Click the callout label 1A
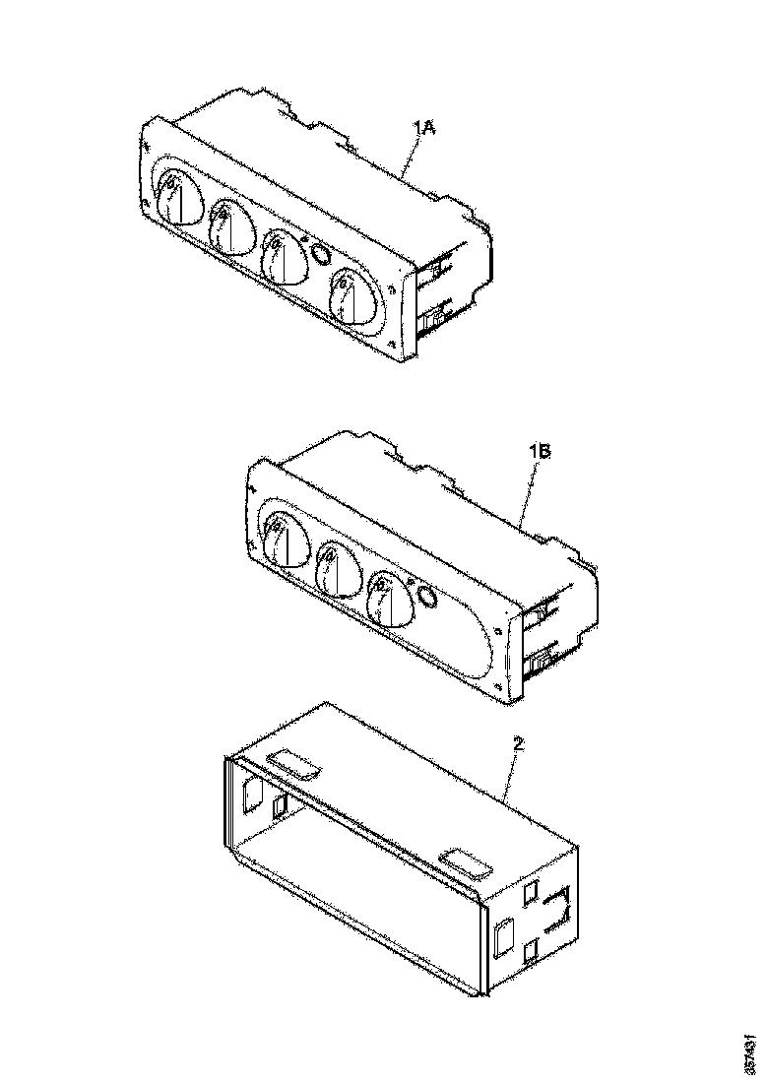click(424, 127)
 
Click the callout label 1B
click(540, 452)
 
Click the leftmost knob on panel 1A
click(174, 200)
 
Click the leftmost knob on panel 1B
click(283, 541)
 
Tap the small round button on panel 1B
click(427, 595)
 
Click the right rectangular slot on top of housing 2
click(466, 863)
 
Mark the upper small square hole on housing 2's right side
click(533, 893)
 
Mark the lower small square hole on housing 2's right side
click(532, 949)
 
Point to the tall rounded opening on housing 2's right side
click(503, 937)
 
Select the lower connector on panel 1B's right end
click(539, 665)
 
